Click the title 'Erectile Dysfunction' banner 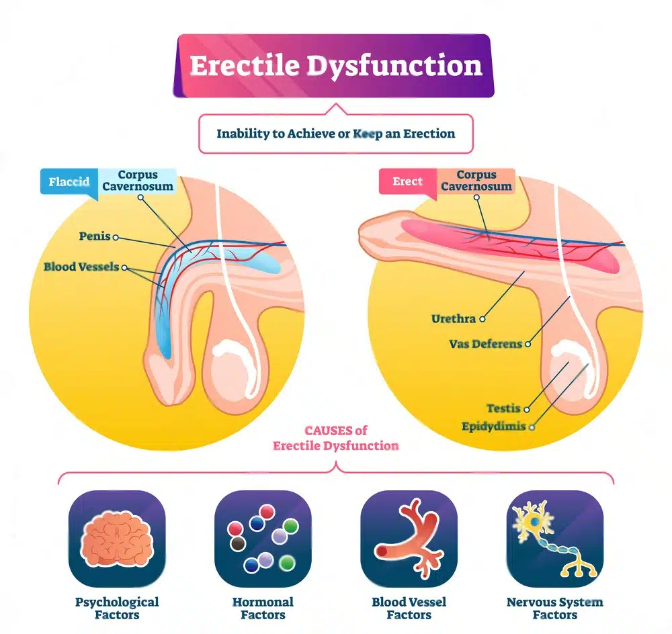[335, 66]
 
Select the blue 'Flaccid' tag [69, 182]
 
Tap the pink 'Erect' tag [408, 181]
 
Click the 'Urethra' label [454, 319]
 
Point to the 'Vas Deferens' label [485, 344]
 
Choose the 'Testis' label [504, 408]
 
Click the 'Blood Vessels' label [81, 267]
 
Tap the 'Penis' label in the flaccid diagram [94, 237]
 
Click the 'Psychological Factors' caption [117, 608]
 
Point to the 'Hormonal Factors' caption [263, 608]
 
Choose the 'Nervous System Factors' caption [554, 608]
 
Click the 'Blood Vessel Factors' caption [409, 608]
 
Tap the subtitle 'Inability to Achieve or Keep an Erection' [335, 133]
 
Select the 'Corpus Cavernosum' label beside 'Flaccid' [138, 181]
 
